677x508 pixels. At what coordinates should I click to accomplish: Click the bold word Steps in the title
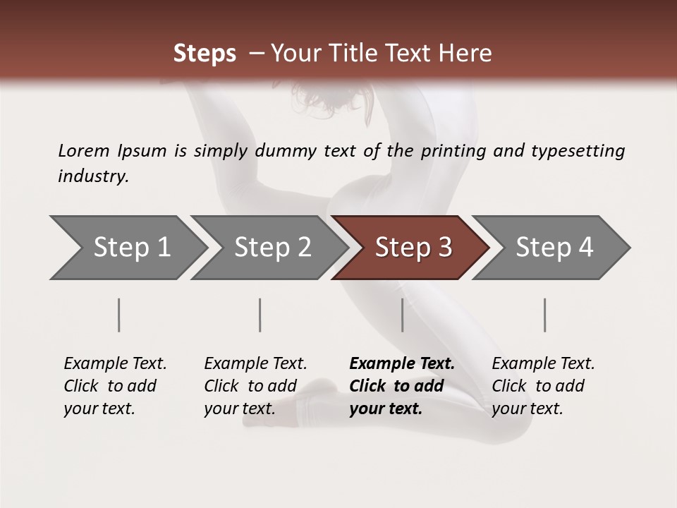point(205,54)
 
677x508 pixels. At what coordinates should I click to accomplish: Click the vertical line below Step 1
point(119,315)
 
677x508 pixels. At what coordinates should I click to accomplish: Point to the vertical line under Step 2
point(260,315)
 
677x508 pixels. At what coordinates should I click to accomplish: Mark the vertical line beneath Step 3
point(403,315)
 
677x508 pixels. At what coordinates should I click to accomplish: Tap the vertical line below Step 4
point(545,315)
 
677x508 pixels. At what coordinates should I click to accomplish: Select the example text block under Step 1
point(115,386)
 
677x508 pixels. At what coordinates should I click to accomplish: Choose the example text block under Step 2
point(255,386)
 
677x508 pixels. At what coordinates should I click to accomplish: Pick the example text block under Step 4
point(543,386)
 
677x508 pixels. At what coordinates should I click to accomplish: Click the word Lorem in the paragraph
point(84,151)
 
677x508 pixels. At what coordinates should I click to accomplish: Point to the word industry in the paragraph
point(92,176)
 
